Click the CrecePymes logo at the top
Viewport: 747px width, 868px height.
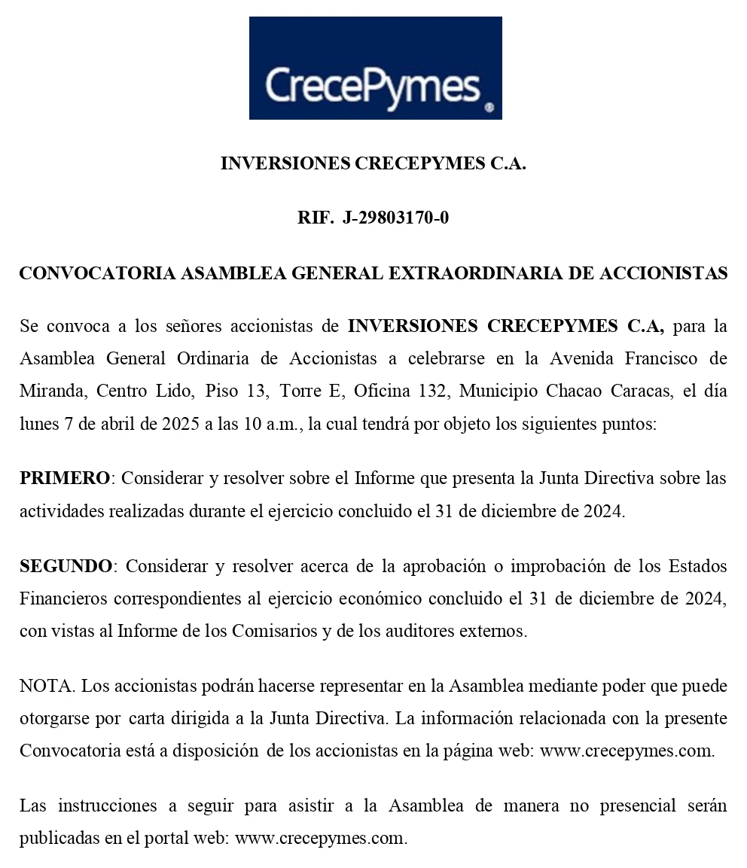pos(375,69)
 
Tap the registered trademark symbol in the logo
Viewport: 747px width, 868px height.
pos(489,108)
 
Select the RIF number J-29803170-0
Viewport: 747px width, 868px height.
pos(395,218)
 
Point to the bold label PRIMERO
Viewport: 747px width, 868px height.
pos(65,478)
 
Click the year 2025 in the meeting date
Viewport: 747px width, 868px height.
pos(180,424)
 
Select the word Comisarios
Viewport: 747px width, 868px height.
pos(276,631)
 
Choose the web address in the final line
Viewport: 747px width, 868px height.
pos(321,838)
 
